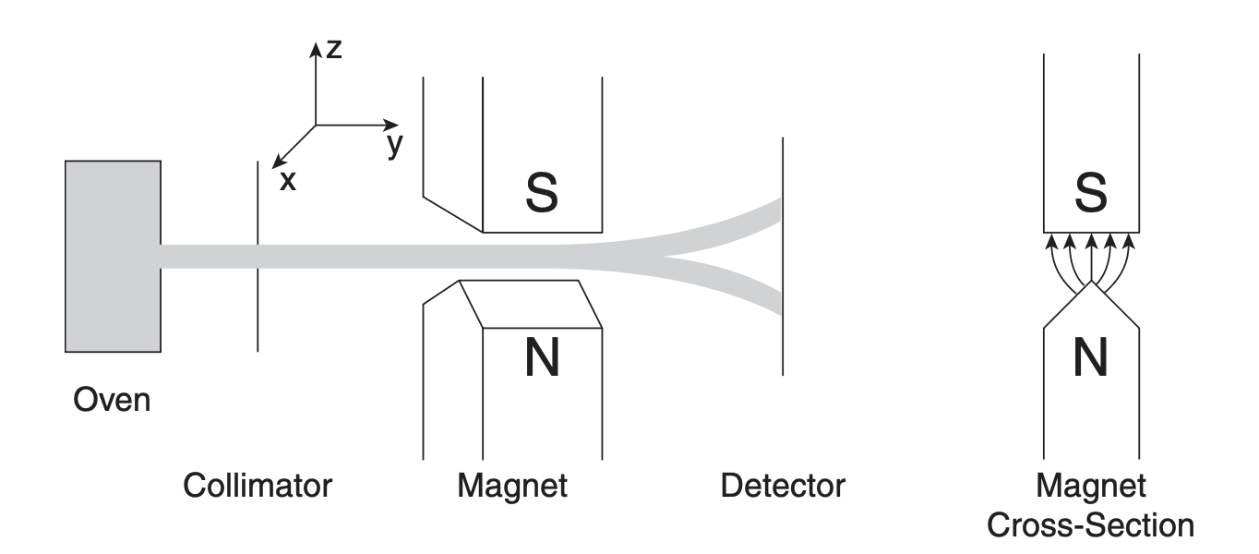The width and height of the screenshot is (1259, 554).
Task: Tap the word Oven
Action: coord(112,403)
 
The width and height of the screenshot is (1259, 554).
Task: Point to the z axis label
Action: coord(334,50)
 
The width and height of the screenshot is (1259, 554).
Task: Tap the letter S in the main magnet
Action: coord(542,189)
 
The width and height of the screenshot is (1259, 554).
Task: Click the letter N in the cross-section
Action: coord(1090,358)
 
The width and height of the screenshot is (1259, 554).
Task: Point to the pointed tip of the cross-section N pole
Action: coord(1091,283)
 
